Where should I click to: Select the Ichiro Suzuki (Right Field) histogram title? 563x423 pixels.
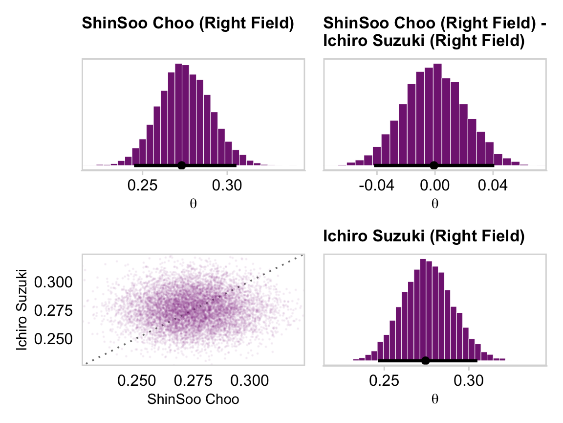point(423,237)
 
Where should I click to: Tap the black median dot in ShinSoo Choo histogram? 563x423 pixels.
point(181,165)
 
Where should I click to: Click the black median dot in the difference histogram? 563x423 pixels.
point(434,165)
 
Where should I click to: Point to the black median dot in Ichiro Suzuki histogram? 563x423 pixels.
point(425,361)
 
